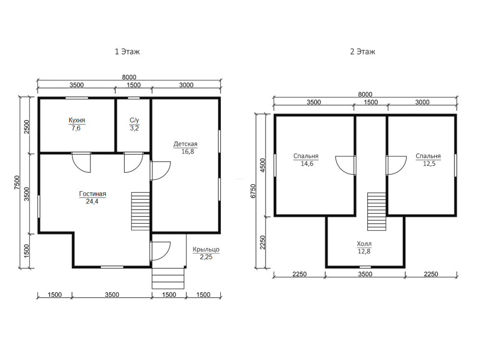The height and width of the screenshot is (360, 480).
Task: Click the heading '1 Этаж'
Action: click(127, 51)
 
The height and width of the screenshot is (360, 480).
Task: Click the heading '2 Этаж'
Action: click(362, 51)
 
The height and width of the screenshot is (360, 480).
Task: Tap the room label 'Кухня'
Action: click(76, 120)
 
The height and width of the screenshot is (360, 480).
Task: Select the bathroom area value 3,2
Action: click(134, 128)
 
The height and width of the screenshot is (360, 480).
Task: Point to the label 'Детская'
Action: click(185, 144)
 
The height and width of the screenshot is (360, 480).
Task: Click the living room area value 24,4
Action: click(92, 202)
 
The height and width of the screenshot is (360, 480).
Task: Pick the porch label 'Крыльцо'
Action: click(206, 250)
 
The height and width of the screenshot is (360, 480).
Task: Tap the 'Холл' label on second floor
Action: click(364, 244)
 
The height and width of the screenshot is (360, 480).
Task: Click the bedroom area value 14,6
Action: click(307, 164)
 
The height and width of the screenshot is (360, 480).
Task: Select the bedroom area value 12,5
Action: click(429, 164)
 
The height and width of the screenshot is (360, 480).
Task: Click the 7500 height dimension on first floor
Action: click(17, 182)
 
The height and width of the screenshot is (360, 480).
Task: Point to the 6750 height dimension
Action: click(253, 191)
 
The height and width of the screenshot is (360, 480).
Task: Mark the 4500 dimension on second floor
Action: click(263, 165)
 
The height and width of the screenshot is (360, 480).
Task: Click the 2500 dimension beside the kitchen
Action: click(27, 126)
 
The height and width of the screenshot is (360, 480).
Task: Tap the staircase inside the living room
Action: click(141, 211)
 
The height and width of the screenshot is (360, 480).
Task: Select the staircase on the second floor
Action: click(376, 212)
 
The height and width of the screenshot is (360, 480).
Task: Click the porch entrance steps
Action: click(168, 278)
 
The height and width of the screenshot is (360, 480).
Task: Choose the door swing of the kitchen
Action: click(81, 163)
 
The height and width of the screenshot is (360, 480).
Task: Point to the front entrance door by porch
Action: click(160, 251)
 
